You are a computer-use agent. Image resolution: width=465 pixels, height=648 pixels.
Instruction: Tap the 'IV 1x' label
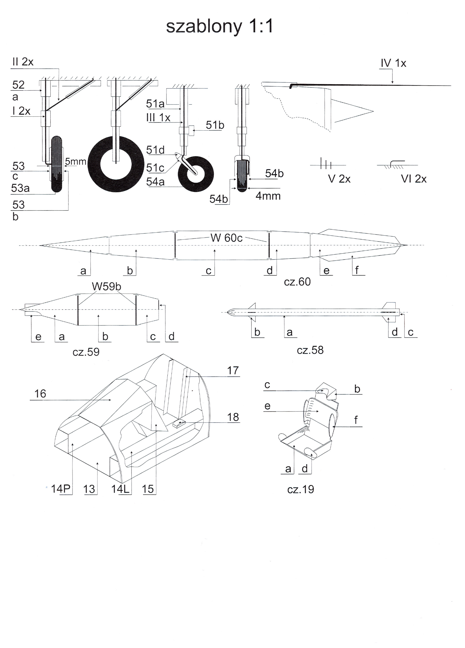coord(393,63)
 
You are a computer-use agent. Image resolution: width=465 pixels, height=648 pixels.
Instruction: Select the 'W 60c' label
coord(226,238)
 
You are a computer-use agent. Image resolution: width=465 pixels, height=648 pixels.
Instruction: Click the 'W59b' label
coord(106,286)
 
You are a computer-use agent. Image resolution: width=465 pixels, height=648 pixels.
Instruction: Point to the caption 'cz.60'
coord(297,282)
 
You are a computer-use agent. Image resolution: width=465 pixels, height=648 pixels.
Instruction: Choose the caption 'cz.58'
coord(310,350)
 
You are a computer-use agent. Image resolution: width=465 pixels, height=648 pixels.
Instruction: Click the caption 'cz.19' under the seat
coord(300,489)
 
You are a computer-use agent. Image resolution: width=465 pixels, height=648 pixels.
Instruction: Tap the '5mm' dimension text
coord(75,161)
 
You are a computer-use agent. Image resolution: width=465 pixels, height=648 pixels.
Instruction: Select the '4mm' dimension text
coord(268,196)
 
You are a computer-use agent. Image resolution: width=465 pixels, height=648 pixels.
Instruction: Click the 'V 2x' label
coord(339,179)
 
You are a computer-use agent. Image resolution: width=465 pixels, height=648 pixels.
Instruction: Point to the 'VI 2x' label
coord(413,179)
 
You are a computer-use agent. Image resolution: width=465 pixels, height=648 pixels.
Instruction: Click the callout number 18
coord(233,417)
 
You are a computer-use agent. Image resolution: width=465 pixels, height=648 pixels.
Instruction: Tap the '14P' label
coord(61,489)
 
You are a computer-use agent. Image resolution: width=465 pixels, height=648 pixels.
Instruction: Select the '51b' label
coord(215,125)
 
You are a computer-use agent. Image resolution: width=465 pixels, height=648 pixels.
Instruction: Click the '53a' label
coord(20,188)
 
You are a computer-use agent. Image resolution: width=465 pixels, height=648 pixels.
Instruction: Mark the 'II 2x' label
coord(23,62)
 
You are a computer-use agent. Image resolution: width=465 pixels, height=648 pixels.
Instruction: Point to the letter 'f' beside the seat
coord(356,420)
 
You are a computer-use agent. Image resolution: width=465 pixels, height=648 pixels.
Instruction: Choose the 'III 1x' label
coord(158,118)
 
